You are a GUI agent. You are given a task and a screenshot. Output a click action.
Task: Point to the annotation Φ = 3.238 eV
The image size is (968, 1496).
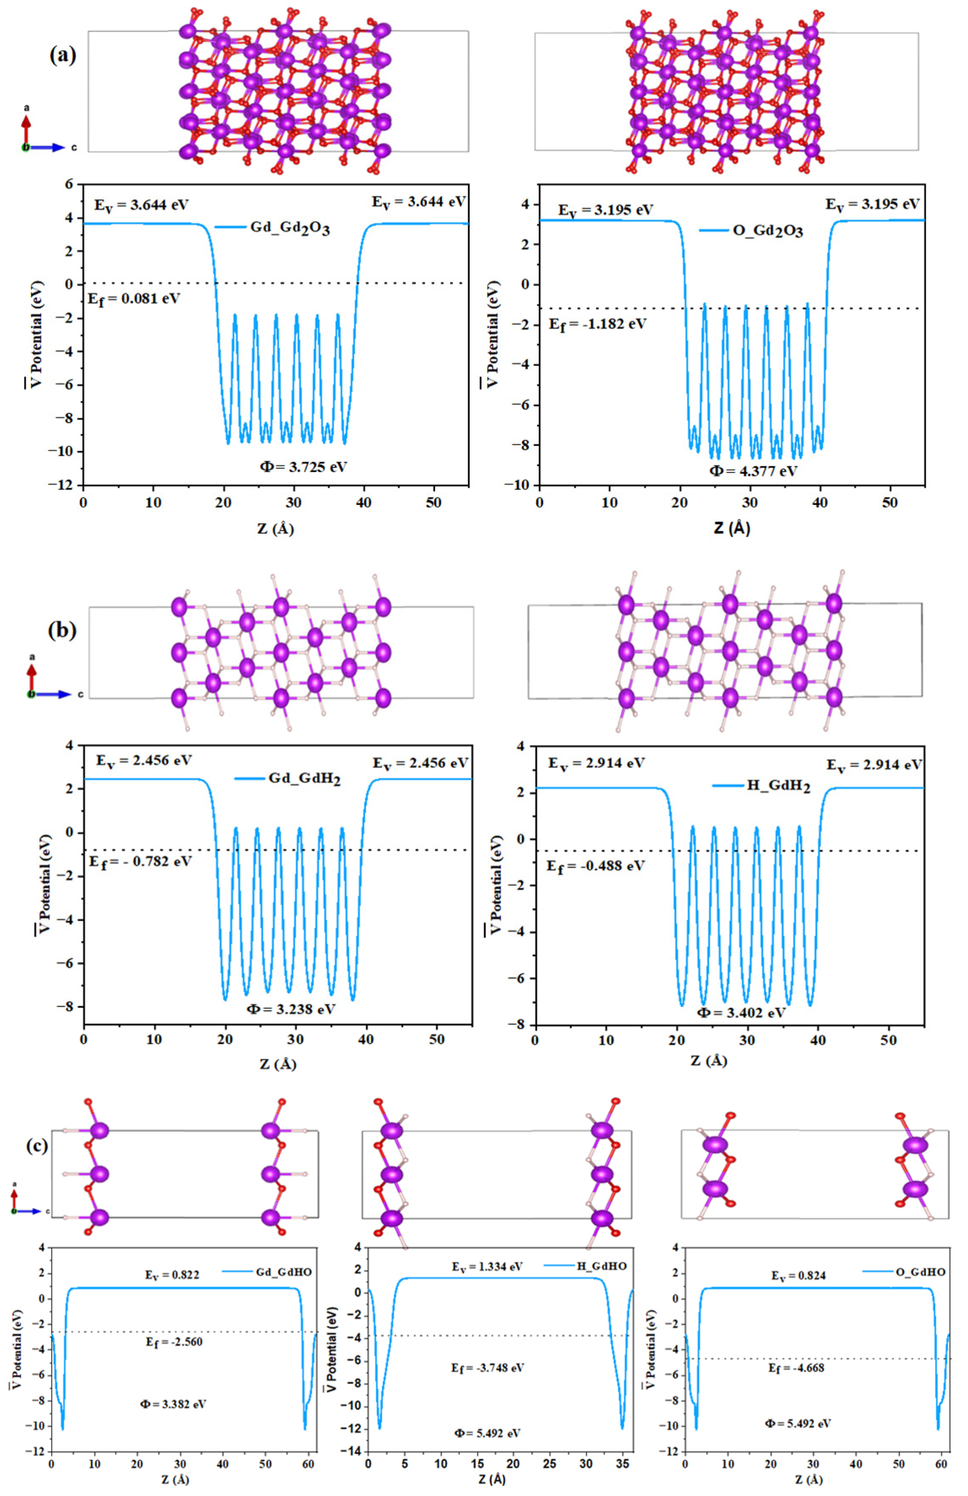click(x=291, y=1009)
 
